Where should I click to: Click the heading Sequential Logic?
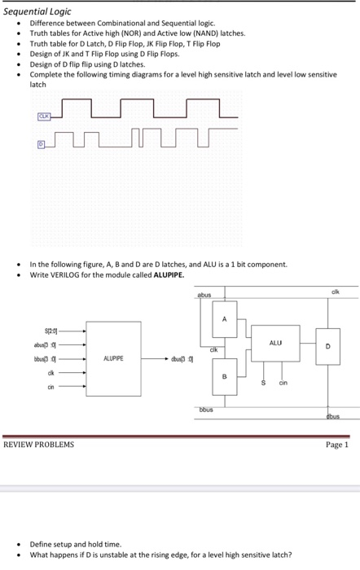(37, 11)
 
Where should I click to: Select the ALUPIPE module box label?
(113, 358)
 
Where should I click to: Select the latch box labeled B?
(224, 376)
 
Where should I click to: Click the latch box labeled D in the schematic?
(328, 349)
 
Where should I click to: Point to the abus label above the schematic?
(204, 295)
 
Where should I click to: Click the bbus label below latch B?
(205, 409)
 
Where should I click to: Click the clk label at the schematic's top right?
(335, 292)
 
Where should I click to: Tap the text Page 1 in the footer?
(336, 445)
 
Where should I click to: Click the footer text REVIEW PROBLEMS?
(39, 445)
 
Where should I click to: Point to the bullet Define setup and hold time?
(75, 543)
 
